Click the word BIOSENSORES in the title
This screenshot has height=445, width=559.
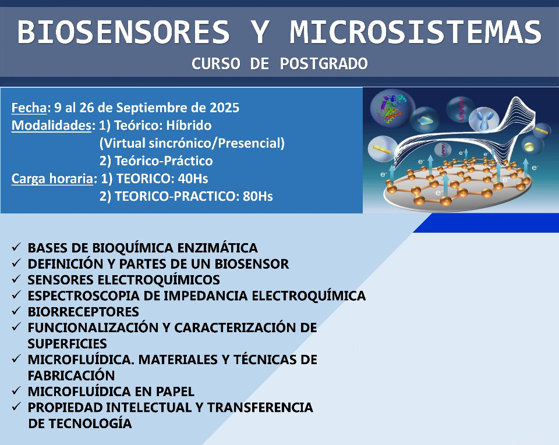[x=123, y=32]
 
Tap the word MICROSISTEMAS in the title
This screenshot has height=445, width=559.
[x=415, y=32]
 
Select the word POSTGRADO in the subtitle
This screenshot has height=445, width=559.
[x=324, y=64]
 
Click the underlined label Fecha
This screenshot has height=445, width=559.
[x=29, y=108]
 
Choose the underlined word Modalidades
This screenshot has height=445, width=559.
[x=51, y=125]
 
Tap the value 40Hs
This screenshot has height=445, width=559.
[x=193, y=179]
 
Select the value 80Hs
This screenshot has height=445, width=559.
[x=258, y=196]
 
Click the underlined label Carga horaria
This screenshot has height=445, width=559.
[x=52, y=179]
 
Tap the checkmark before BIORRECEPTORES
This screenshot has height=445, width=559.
[x=16, y=311]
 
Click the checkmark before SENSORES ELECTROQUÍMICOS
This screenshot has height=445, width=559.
[x=16, y=279]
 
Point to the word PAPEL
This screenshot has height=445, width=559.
[x=175, y=391]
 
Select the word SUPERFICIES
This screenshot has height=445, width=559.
[x=68, y=344]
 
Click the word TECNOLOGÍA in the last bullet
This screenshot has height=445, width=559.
[x=90, y=423]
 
